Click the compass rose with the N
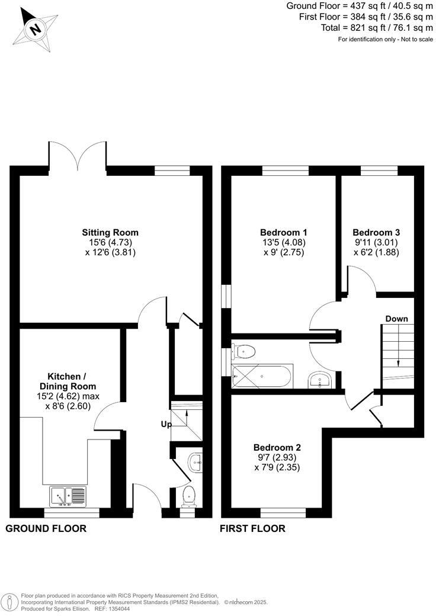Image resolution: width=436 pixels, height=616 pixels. (x=36, y=27)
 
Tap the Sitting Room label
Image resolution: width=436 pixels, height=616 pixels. (x=110, y=232)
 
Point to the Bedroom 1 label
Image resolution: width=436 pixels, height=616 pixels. (x=283, y=232)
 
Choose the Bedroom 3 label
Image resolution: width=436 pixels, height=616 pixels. (x=376, y=232)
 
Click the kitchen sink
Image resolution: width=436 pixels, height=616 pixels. (x=67, y=496)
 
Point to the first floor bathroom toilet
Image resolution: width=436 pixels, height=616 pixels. (x=245, y=352)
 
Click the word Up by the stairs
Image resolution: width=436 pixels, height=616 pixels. (x=166, y=424)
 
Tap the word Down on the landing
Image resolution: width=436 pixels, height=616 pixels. (x=396, y=319)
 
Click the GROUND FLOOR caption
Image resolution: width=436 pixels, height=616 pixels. (x=46, y=528)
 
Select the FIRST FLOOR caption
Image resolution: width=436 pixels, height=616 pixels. (x=252, y=528)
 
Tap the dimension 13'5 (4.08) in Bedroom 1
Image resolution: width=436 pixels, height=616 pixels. (x=283, y=242)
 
